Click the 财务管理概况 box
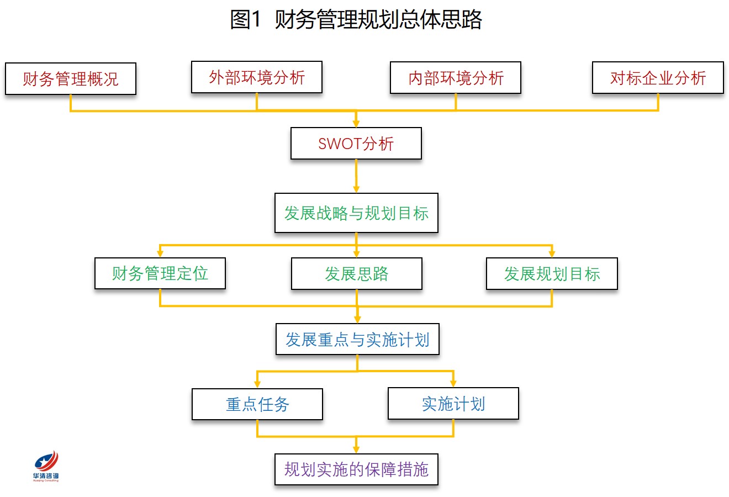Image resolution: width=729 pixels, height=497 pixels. (x=71, y=79)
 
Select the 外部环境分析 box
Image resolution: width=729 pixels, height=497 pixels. (x=257, y=77)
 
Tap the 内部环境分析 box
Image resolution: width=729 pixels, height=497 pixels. (x=456, y=78)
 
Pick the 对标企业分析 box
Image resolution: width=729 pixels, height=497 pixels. (x=658, y=78)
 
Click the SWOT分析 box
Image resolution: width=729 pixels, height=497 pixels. (x=356, y=144)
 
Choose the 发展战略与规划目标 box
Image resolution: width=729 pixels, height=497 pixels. (x=356, y=213)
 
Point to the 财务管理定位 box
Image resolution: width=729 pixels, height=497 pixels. (x=160, y=273)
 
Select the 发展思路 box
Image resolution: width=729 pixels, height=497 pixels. (x=357, y=274)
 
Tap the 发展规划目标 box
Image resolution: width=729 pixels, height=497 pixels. (x=552, y=274)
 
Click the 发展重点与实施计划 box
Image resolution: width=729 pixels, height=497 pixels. (x=357, y=339)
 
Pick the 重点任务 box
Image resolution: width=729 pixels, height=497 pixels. (x=257, y=404)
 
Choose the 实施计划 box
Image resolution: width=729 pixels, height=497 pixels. (x=453, y=404)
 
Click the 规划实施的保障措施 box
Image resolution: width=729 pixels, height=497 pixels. (x=356, y=469)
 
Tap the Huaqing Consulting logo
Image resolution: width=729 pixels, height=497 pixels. (x=46, y=466)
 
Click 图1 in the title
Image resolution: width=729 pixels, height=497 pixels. (x=246, y=19)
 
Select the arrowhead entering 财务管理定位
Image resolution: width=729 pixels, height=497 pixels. (x=160, y=253)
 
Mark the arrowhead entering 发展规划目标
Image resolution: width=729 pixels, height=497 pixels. (x=552, y=254)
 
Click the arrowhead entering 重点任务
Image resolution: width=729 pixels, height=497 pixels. (x=257, y=384)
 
